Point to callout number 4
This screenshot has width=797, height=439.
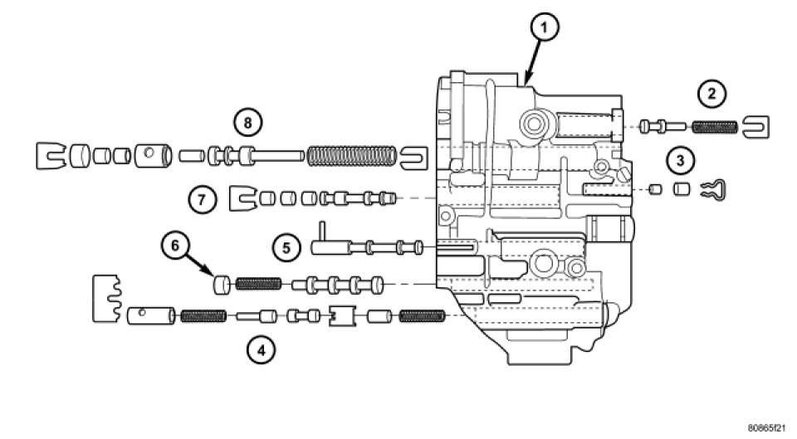(261, 350)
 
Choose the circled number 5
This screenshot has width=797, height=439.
(286, 246)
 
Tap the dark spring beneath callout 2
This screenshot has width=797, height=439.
(713, 127)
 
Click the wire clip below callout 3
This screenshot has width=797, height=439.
(712, 190)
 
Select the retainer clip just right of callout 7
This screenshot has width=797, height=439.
(241, 198)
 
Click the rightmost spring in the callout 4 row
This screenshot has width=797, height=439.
(423, 315)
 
